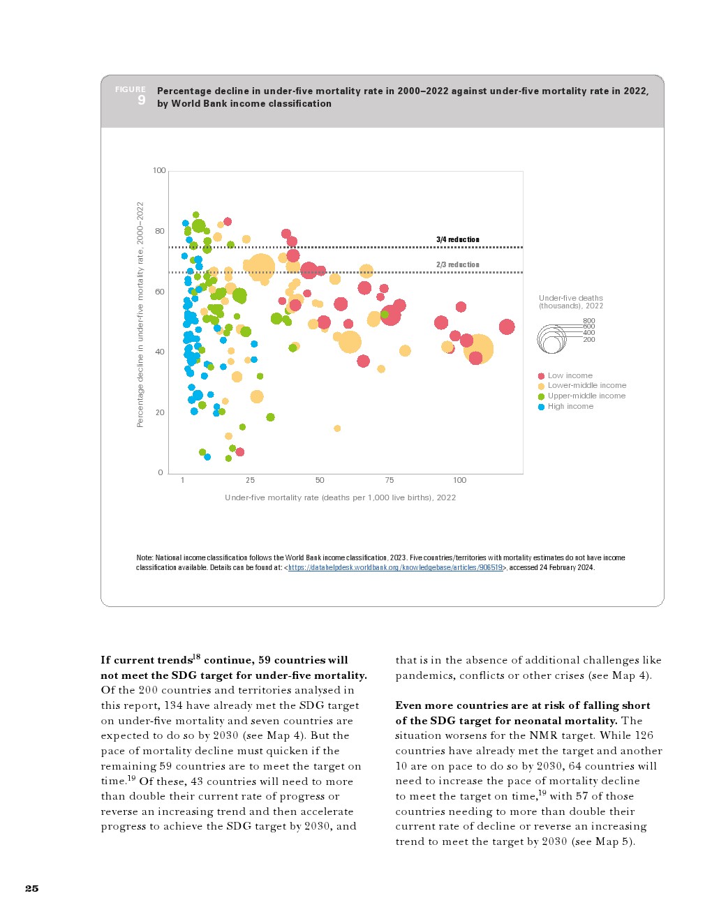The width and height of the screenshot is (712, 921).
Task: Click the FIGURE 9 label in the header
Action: (131, 96)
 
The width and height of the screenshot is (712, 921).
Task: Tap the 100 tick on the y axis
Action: (159, 170)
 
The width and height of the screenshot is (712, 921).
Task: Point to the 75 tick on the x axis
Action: (390, 480)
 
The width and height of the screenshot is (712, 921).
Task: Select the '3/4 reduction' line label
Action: (458, 239)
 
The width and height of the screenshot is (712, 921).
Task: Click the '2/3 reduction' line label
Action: (458, 264)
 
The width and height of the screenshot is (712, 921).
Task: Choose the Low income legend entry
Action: (570, 375)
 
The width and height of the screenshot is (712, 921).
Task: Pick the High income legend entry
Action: (570, 406)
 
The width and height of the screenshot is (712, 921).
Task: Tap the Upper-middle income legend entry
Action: (586, 396)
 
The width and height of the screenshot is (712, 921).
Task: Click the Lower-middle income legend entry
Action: (587, 385)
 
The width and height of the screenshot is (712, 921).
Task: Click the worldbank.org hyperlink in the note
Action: (396, 568)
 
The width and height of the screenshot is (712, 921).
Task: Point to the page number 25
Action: (32, 888)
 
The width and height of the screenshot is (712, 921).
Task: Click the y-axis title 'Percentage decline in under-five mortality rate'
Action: (140, 314)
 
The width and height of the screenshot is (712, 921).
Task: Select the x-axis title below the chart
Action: (340, 497)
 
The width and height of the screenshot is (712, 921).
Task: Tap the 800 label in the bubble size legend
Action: (589, 320)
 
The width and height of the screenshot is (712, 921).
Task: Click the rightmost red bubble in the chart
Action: (507, 327)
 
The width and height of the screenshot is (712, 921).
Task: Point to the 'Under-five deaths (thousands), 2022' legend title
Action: (570, 301)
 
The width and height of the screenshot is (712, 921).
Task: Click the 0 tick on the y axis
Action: (161, 472)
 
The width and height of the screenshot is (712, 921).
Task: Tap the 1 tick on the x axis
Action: (183, 480)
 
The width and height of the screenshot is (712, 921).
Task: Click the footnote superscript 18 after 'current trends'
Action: (196, 657)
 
